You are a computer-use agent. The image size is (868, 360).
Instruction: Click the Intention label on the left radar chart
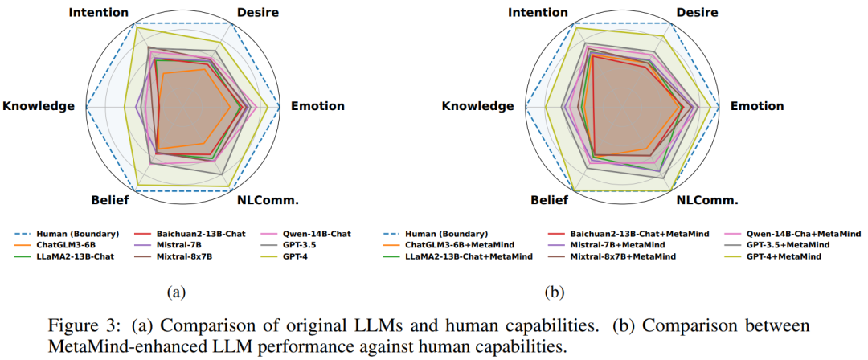click(98, 12)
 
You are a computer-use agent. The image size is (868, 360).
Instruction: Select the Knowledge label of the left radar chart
click(39, 106)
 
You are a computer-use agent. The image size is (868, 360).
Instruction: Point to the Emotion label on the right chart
click(756, 106)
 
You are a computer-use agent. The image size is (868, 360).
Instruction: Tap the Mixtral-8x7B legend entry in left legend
click(193, 256)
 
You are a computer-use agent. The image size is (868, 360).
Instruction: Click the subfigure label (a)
click(176, 293)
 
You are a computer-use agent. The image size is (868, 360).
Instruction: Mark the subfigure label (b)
click(555, 293)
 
